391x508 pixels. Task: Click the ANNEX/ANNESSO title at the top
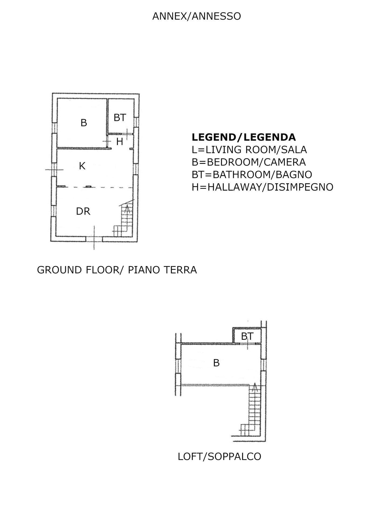click(197, 16)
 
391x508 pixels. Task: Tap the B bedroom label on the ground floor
click(84, 123)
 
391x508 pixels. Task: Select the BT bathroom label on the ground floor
click(120, 118)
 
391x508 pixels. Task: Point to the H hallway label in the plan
click(120, 141)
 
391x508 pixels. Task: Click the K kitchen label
click(82, 166)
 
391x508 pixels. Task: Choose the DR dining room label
click(83, 211)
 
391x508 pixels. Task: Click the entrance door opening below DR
click(94, 239)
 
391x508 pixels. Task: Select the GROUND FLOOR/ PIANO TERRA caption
click(117, 270)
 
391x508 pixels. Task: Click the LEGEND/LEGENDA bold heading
click(244, 137)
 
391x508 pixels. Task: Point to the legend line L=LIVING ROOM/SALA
click(249, 150)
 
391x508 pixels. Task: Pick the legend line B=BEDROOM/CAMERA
click(249, 162)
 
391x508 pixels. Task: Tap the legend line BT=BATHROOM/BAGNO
click(252, 175)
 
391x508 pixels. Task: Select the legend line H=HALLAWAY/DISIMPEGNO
click(262, 187)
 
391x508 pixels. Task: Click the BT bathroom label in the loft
click(247, 336)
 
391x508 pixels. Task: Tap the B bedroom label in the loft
click(216, 363)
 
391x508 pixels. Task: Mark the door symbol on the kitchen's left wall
click(54, 170)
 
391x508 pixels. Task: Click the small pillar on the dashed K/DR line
click(88, 187)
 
